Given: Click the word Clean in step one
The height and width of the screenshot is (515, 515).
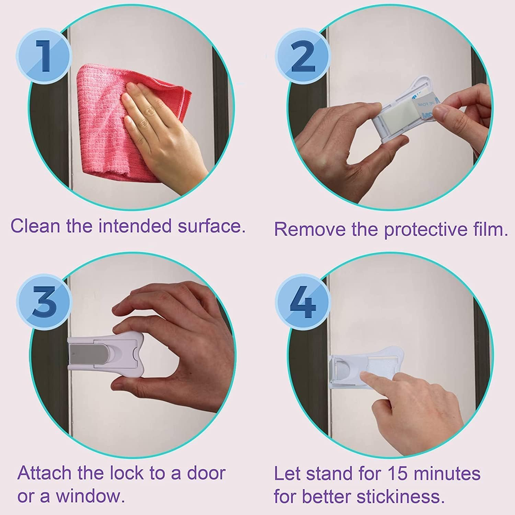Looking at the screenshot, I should coord(36,226).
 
